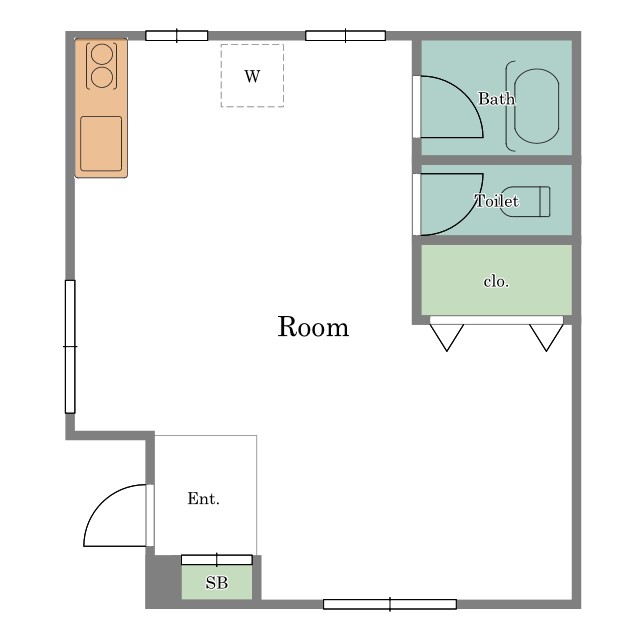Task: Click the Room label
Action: tap(313, 327)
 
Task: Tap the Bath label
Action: tap(496, 99)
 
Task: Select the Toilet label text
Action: tap(497, 201)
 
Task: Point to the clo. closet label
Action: tap(496, 282)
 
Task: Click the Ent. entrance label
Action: tap(203, 498)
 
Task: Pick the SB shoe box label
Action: tap(217, 583)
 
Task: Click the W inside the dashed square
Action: tap(252, 76)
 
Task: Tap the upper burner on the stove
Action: tap(102, 54)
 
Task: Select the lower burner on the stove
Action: tap(102, 78)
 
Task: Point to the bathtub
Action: tap(536, 106)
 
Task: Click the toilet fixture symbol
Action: tap(525, 201)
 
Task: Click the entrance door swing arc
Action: tap(99, 502)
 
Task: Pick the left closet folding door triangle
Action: tap(447, 337)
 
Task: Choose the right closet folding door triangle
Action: tap(547, 337)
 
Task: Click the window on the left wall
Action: tap(70, 347)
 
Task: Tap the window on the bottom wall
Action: tap(390, 604)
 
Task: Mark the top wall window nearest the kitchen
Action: tap(177, 36)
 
